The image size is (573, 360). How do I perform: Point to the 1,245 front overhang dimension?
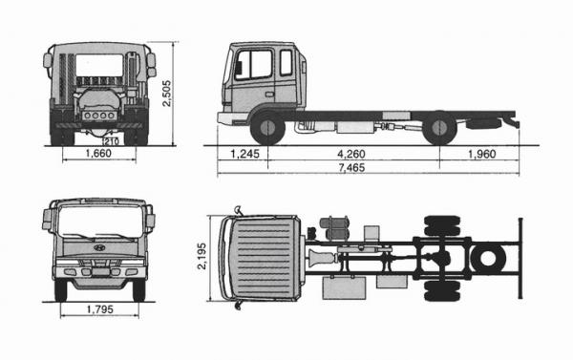click(x=244, y=153)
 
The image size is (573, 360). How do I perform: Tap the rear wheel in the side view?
click(x=439, y=129)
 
